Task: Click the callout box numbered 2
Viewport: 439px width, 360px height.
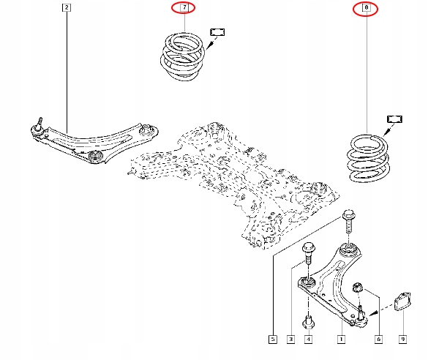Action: pos(67,9)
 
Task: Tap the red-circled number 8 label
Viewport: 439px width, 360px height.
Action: pos(367,9)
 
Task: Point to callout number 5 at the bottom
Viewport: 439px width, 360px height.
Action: pos(272,340)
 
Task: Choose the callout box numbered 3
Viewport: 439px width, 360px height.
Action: pos(290,340)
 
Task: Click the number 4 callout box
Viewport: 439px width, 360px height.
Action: pos(308,340)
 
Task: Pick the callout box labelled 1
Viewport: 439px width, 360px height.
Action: pos(340,340)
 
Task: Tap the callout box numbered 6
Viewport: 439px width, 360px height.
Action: pos(378,340)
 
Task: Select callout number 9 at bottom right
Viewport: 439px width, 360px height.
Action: pos(402,340)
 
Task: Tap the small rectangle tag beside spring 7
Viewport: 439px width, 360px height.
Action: pos(218,31)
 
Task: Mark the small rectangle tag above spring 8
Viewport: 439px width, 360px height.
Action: pos(395,119)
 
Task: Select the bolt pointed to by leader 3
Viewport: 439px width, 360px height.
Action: pos(308,252)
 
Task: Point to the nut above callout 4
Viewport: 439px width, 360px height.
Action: pos(308,320)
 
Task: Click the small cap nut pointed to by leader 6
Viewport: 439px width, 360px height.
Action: pos(359,286)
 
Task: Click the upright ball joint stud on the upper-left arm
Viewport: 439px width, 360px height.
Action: pos(38,122)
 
